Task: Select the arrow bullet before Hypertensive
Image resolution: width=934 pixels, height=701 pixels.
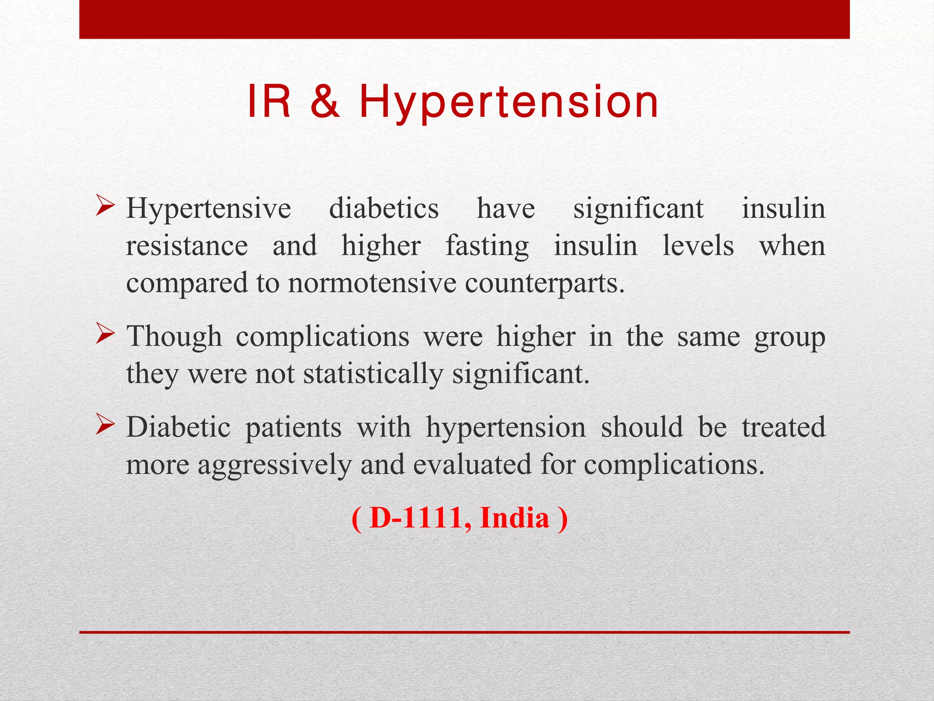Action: (x=105, y=207)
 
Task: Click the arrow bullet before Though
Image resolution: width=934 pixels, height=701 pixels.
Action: (x=105, y=335)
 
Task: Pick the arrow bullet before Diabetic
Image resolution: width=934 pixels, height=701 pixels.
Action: (x=105, y=426)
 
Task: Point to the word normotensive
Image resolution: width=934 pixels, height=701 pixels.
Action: (x=372, y=283)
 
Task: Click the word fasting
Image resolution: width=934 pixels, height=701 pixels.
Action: (x=487, y=246)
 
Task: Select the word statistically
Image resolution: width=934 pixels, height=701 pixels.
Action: (x=373, y=374)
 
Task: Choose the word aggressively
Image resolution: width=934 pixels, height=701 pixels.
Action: (x=274, y=466)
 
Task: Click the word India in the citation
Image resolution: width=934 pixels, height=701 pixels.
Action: (x=514, y=518)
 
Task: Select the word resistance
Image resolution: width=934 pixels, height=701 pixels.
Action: (x=187, y=246)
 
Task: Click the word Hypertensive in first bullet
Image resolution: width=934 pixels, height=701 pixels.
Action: (x=208, y=209)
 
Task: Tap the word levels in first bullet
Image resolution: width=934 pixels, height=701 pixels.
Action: (x=698, y=246)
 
